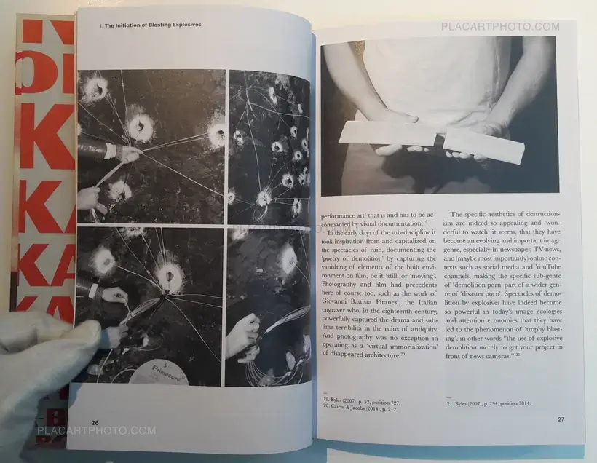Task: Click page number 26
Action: [95, 422]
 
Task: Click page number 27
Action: [561, 419]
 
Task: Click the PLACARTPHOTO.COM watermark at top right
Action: [500, 27]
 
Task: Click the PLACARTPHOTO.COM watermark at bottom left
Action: [96, 430]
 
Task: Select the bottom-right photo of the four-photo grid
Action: [269, 306]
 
